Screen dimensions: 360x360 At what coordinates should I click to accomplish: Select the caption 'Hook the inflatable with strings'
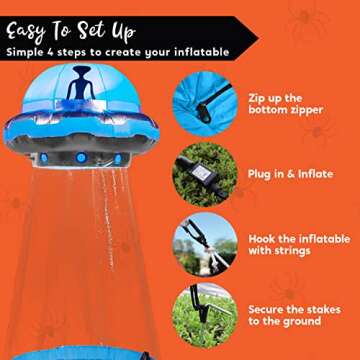pos(298,245)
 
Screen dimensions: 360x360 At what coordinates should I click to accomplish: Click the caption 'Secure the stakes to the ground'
pos(296,314)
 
